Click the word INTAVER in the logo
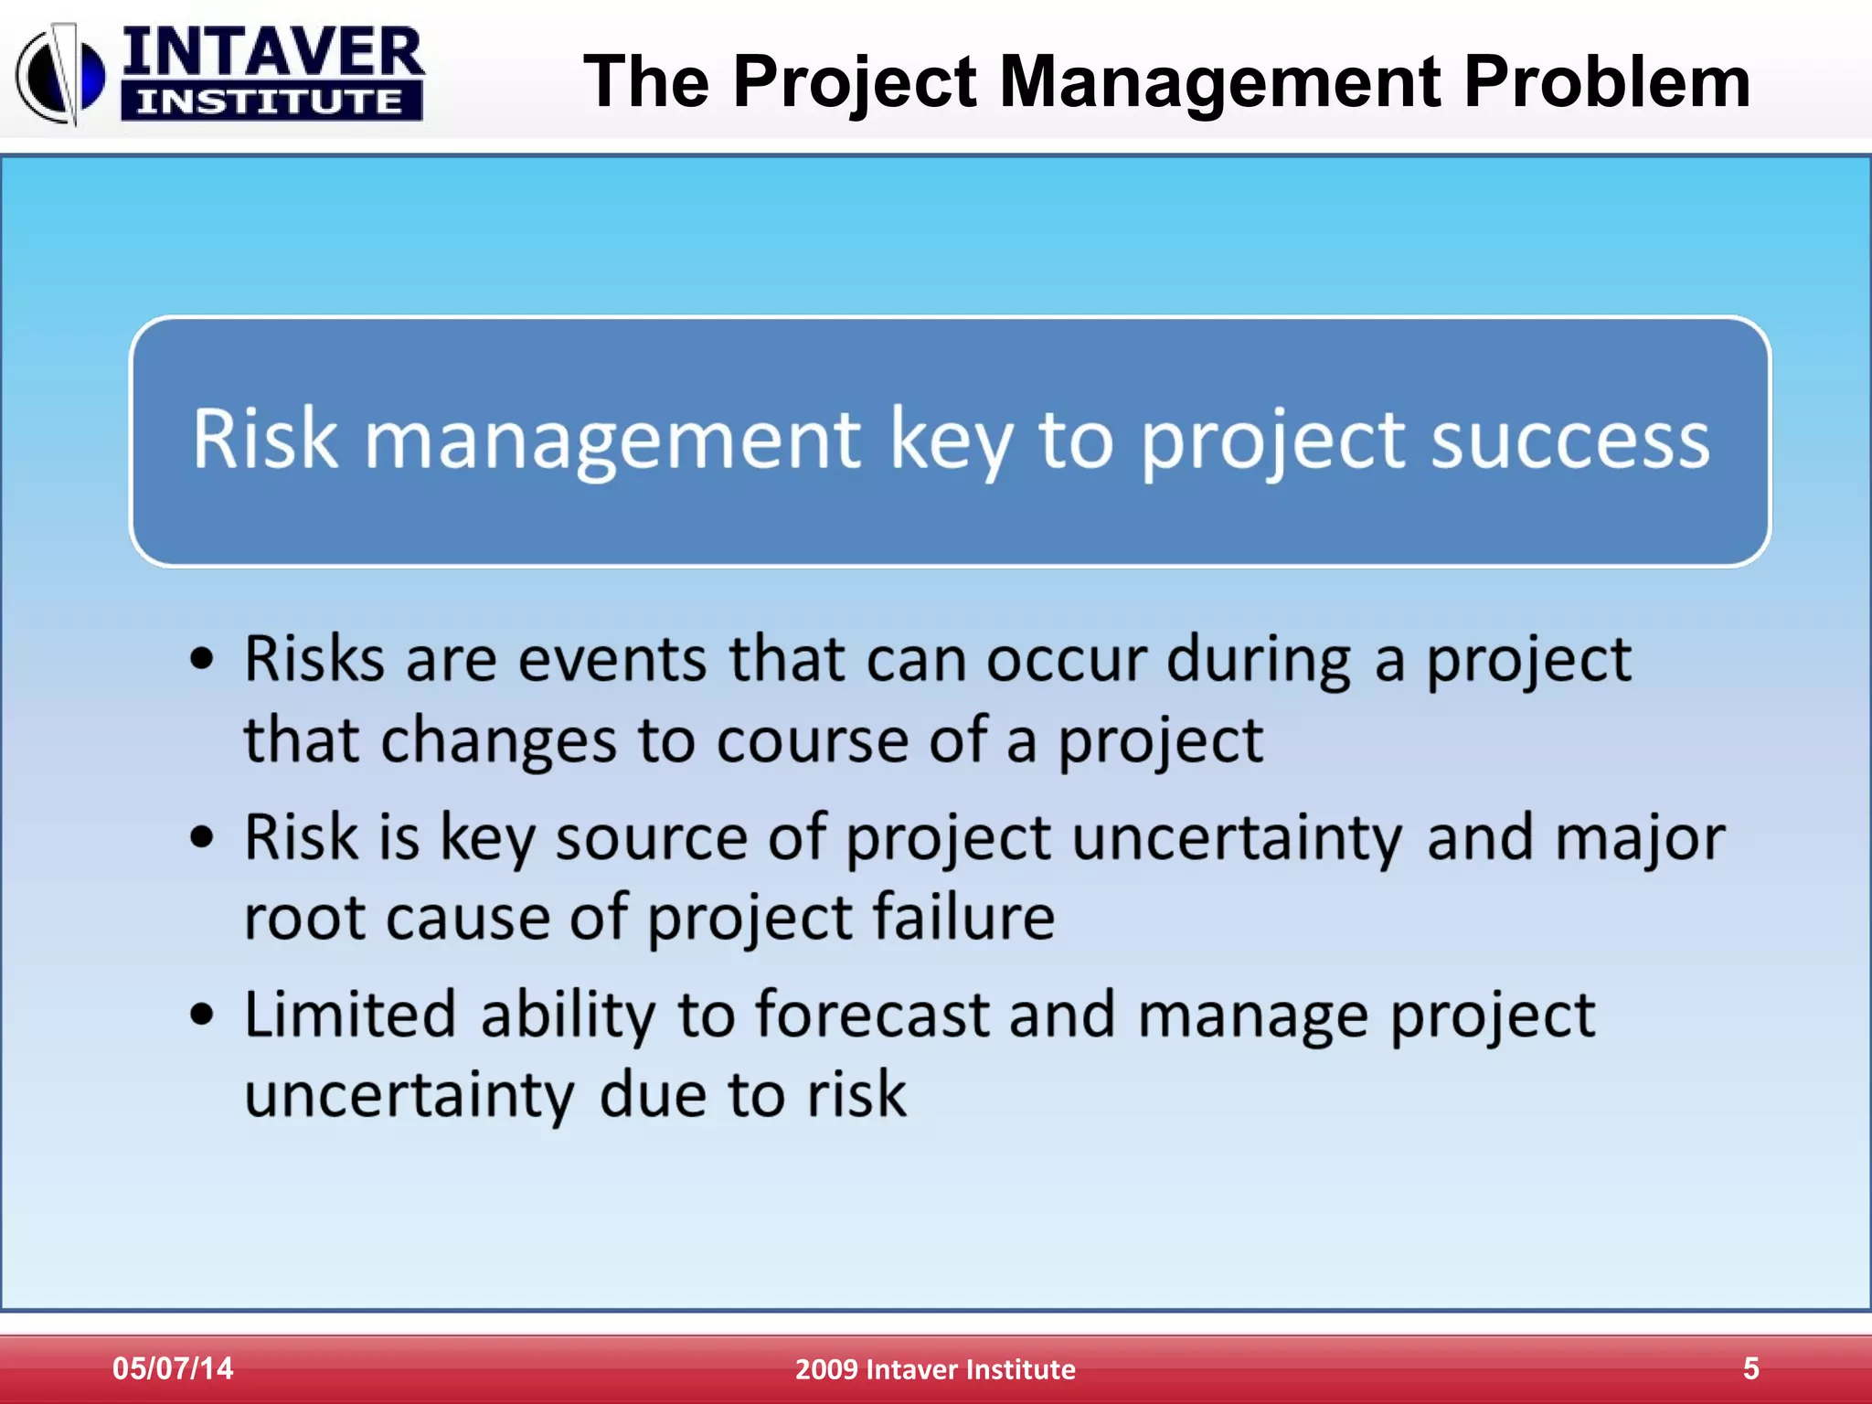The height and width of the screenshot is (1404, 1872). [x=272, y=53]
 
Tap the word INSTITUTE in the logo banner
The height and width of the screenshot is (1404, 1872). [x=271, y=101]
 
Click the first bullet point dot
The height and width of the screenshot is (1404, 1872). [x=202, y=659]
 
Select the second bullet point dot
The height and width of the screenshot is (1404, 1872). [x=202, y=837]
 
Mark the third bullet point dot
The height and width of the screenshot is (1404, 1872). [x=202, y=1015]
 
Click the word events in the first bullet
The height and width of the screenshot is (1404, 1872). [x=612, y=659]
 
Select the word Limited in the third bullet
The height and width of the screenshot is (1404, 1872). [x=350, y=1015]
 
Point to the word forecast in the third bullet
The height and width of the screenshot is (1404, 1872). [x=872, y=1015]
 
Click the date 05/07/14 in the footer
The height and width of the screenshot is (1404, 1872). [x=173, y=1368]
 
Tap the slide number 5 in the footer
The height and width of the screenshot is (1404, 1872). [x=1750, y=1368]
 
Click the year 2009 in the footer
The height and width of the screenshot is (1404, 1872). [x=826, y=1369]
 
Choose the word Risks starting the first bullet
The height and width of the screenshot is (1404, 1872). [x=314, y=659]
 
